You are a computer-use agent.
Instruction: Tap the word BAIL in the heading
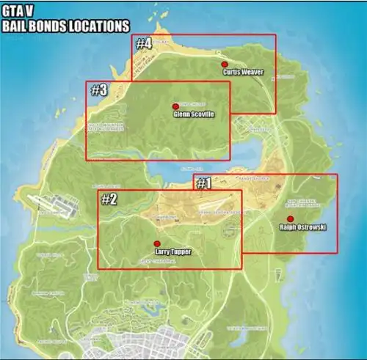point(16,26)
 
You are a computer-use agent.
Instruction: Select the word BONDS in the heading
point(51,26)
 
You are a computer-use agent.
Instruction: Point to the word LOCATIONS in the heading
point(99,26)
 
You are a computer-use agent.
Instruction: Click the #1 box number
point(203,183)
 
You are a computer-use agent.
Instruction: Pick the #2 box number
point(109,199)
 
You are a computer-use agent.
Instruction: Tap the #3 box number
point(98,91)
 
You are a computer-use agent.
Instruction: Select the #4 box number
point(144,43)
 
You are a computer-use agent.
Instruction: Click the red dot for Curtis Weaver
point(225,65)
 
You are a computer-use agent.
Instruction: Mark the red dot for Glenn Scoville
point(175,106)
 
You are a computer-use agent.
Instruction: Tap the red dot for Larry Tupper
point(156,243)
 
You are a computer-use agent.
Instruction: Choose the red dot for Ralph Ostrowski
point(290,219)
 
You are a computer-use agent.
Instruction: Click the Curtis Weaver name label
point(243,73)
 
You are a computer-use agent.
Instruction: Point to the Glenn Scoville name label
point(194,114)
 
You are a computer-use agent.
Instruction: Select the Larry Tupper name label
point(174,251)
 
